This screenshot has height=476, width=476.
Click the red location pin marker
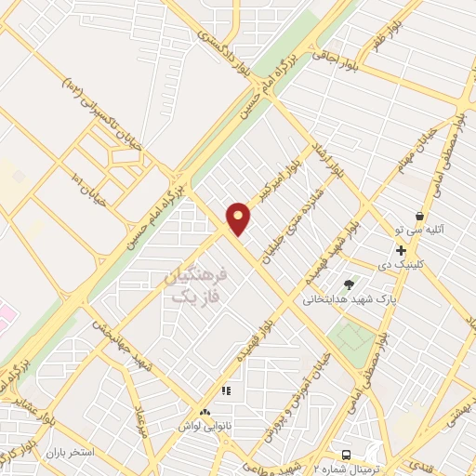point(239,218)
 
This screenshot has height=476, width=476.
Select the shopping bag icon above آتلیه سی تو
point(419,216)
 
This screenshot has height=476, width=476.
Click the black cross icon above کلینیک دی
point(401,250)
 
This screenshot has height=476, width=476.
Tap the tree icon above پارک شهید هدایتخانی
point(349,284)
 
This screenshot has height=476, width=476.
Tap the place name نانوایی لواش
point(205,424)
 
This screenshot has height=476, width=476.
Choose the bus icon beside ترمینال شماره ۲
point(347,455)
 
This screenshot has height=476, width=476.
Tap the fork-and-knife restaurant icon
point(225,390)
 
